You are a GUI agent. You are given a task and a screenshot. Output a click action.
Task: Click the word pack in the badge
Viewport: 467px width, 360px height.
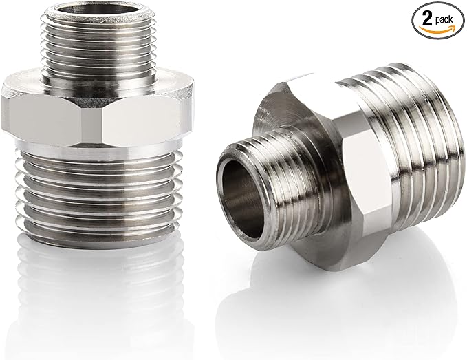(x=444, y=20)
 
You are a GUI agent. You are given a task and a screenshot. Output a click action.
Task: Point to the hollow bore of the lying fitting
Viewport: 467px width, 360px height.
(x=241, y=197)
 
